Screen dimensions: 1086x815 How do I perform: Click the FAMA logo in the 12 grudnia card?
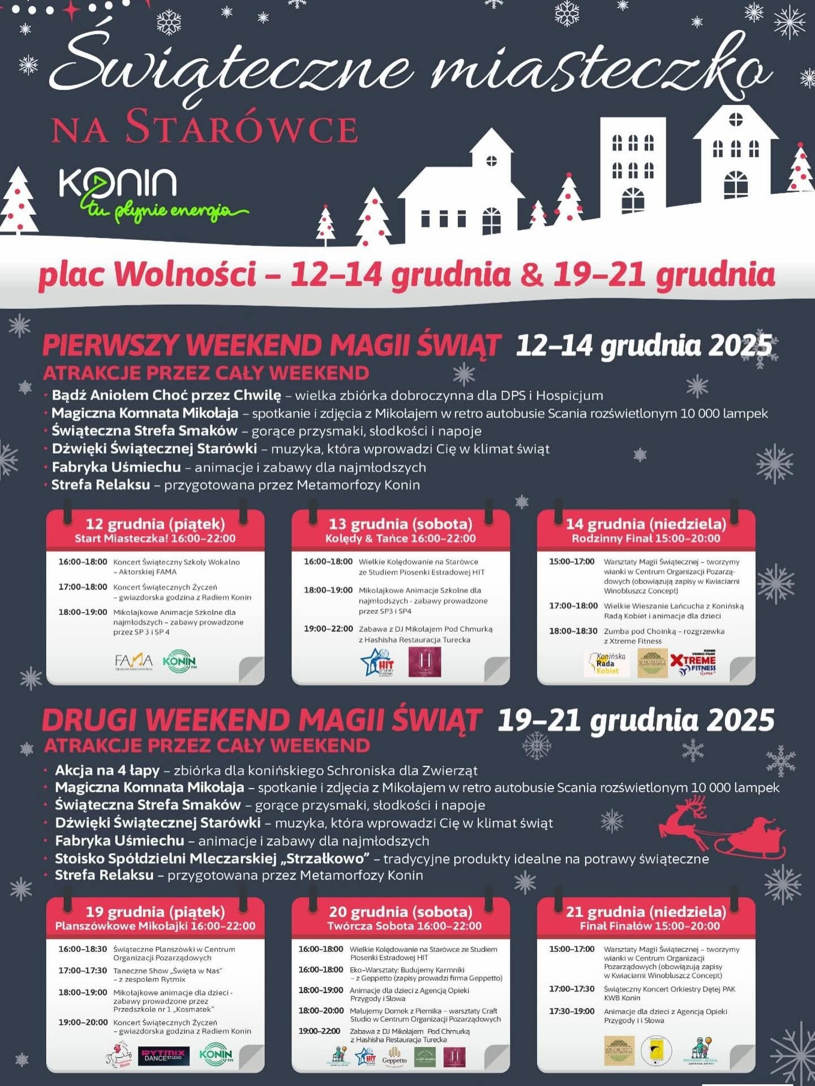134,661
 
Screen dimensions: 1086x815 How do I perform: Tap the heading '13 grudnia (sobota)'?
400,524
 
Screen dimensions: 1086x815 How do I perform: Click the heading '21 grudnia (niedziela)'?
646,911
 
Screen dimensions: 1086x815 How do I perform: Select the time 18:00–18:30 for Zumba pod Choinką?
573,631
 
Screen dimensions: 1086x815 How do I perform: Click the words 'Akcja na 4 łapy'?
107,770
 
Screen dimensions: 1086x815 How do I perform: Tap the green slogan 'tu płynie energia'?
164,210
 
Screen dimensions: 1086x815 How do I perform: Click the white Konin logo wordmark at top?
118,182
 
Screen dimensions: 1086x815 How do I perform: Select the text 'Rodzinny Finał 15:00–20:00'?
646,538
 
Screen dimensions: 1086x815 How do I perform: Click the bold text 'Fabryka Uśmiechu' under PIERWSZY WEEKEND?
116,467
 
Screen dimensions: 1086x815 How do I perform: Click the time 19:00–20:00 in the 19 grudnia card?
83,1022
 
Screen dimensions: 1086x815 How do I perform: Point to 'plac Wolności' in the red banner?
147,274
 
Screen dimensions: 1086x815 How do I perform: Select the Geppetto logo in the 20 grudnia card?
394,1057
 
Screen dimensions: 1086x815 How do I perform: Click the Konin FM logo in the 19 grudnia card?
215,1054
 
